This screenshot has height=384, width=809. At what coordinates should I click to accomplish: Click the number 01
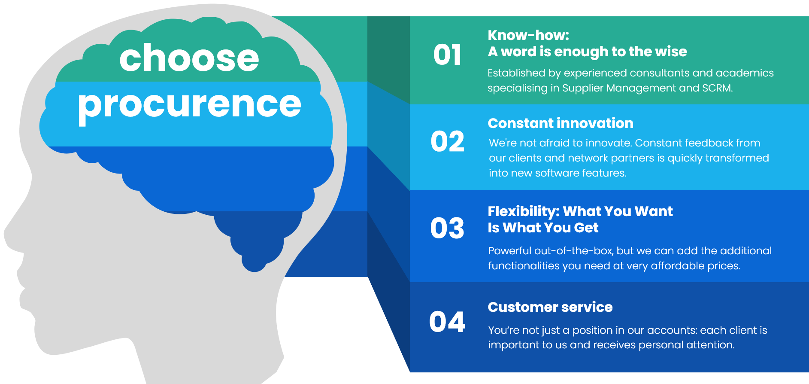(x=447, y=55)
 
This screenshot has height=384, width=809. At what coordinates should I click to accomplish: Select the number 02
(x=447, y=141)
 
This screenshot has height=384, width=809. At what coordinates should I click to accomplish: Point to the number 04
(x=447, y=322)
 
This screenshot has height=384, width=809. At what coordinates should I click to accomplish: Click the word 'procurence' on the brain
(x=189, y=106)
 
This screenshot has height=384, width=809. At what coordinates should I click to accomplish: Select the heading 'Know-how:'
(x=528, y=35)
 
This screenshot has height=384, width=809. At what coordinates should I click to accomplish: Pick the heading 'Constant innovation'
(x=561, y=123)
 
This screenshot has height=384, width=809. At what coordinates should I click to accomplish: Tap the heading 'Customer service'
(x=550, y=307)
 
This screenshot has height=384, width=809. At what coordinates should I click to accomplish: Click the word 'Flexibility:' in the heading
(x=524, y=212)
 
